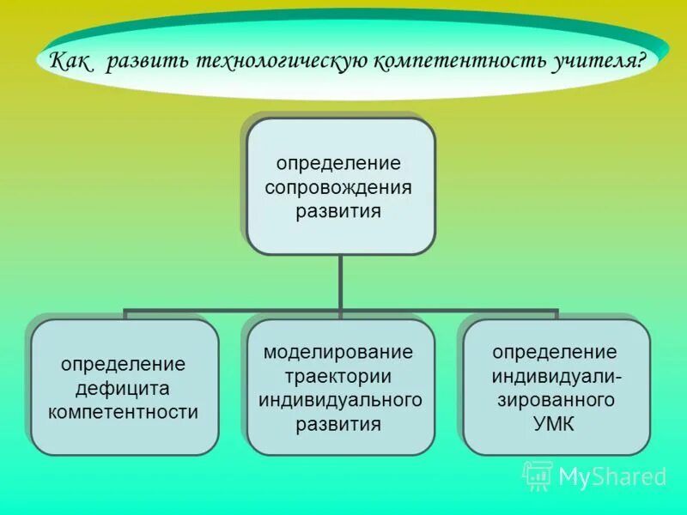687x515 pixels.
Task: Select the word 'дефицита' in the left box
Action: coord(123,388)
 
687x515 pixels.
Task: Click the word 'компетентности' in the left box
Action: coord(123,411)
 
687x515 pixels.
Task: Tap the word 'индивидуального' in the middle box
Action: coord(340,400)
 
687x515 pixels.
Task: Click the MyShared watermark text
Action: coord(612,477)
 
